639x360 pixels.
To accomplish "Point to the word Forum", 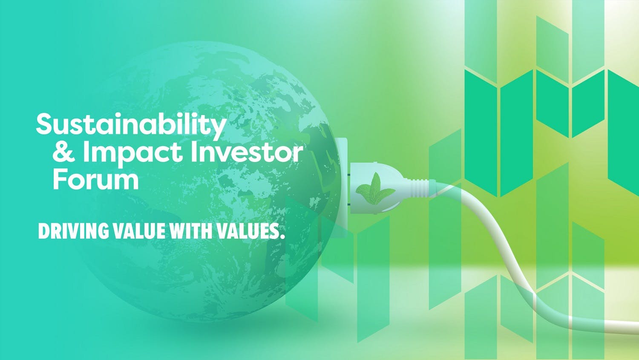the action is pyautogui.click(x=96, y=179).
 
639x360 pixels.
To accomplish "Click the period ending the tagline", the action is pyautogui.click(x=283, y=236).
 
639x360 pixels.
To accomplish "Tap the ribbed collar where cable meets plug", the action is pyautogui.click(x=419, y=188).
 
